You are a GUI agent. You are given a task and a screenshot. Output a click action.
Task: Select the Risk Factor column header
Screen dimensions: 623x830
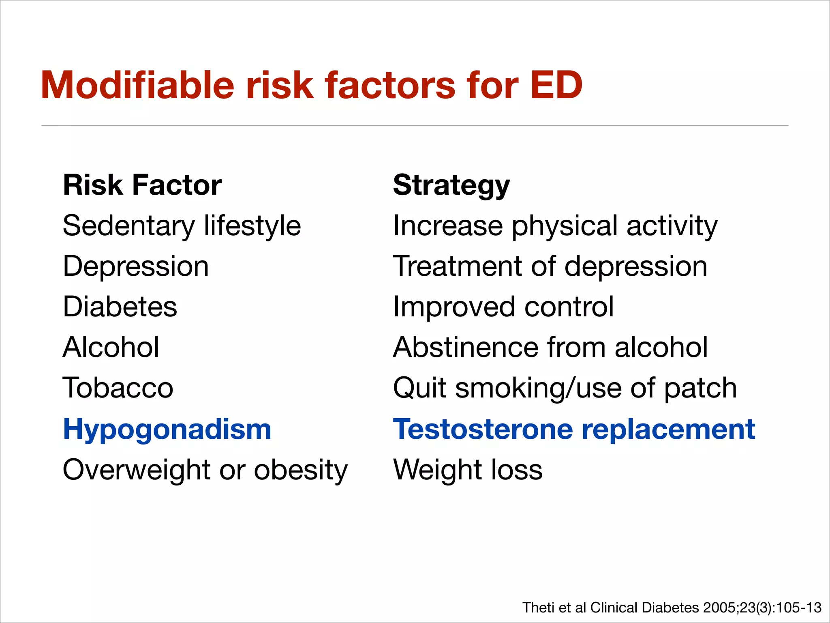142,185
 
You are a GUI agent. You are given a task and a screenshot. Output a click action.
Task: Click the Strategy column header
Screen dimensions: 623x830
451,185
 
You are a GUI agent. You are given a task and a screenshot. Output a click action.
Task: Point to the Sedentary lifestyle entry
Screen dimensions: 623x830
182,226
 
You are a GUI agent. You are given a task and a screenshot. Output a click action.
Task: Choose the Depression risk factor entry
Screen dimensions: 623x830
136,266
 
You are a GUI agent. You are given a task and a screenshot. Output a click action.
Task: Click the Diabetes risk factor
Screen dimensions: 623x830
120,307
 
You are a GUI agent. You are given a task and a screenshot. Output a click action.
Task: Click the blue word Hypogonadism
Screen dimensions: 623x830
167,429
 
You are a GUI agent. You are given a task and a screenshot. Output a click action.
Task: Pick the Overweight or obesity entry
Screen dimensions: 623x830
205,470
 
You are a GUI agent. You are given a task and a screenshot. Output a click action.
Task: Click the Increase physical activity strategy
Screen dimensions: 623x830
555,226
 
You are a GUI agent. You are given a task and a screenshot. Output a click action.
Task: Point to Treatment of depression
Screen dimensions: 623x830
550,266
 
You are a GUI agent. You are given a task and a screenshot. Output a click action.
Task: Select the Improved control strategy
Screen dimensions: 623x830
503,307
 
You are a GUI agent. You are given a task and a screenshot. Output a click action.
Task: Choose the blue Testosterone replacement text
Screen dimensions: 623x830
574,429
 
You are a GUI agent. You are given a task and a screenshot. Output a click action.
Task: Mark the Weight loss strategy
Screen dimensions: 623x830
468,470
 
